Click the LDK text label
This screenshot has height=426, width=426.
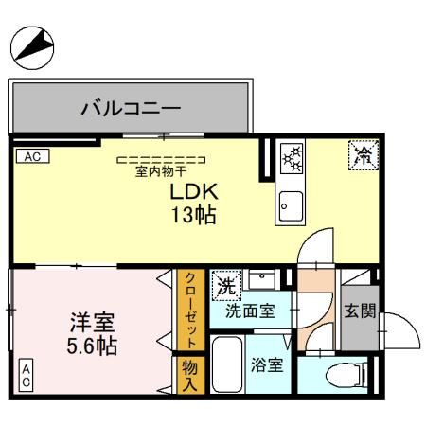(x=192, y=192)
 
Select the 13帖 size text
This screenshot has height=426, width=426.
(x=193, y=216)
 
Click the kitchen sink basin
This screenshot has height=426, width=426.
(x=290, y=204)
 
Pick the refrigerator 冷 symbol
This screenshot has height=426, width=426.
(x=362, y=154)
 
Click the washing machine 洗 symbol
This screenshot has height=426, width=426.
(x=225, y=283)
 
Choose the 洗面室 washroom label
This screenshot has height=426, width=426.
(x=250, y=310)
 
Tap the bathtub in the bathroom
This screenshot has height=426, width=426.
(x=225, y=365)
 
